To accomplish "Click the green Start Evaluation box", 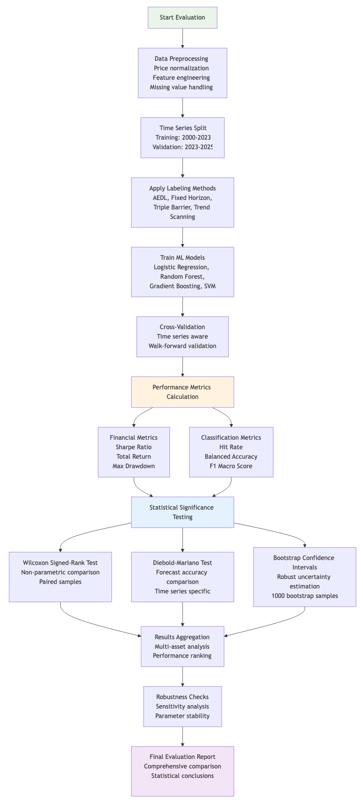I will (182, 17).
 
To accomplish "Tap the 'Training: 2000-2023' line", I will (183, 137).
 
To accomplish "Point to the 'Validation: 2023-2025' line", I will (182, 147).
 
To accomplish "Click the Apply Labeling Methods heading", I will (182, 188).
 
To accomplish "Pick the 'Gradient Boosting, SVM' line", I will (182, 286).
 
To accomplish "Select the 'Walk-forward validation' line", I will (182, 346).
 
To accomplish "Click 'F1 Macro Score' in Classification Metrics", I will (231, 466).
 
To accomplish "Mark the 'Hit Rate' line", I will (231, 447).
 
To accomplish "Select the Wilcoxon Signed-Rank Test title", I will (60, 563).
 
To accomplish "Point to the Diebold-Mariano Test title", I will (182, 563).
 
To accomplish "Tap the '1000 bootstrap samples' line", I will (304, 596).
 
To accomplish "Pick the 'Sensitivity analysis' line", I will (182, 706).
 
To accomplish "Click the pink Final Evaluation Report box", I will (182, 771).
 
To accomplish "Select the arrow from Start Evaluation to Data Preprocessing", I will (182, 38).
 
